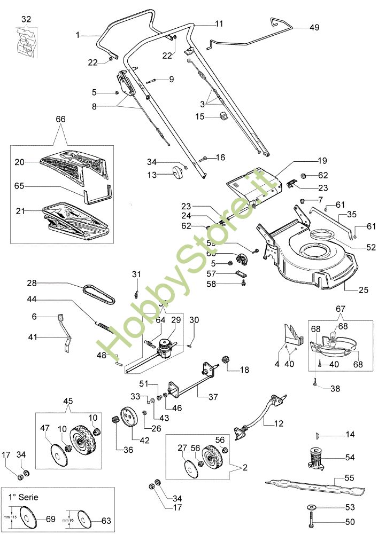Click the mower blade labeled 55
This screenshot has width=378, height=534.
[315, 485]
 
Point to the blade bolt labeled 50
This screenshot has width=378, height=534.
[312, 520]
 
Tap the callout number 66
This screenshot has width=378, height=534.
[60, 119]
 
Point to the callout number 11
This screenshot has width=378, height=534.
[219, 23]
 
